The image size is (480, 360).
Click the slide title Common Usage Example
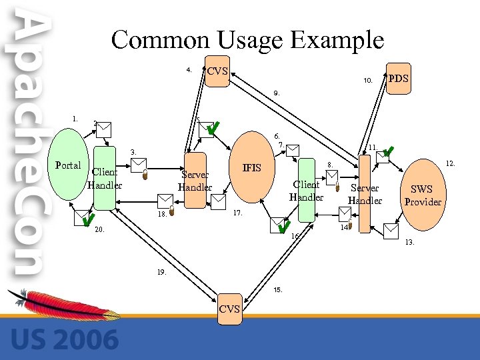(247, 40)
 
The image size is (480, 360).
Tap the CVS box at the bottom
(229, 308)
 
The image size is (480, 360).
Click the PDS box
(398, 79)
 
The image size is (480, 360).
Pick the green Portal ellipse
(67, 165)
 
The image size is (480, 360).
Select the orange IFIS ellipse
(251, 167)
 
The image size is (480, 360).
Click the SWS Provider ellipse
(422, 194)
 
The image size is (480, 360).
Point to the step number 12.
(450, 162)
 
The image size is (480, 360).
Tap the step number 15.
(278, 290)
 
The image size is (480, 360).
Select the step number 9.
(277, 93)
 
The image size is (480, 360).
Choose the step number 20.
(100, 229)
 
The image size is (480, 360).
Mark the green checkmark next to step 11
(389, 152)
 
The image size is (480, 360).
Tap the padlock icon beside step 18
(172, 212)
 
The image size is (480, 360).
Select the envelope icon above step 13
(391, 231)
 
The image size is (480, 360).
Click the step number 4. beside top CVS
(189, 69)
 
